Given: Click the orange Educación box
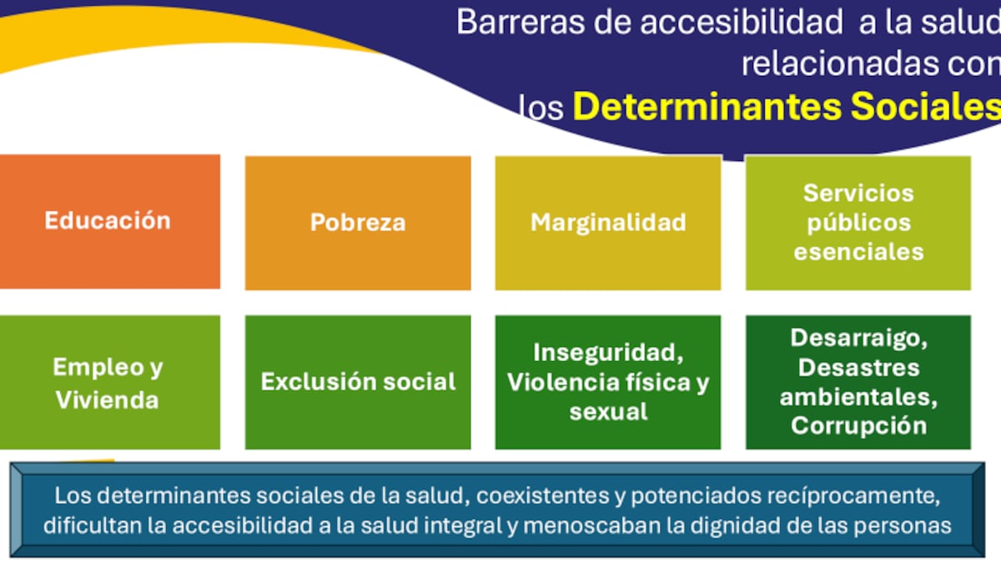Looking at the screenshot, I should [108, 221].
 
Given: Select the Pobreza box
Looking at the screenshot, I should [357, 223].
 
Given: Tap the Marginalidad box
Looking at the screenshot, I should [608, 223].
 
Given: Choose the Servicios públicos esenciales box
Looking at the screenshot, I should [858, 223].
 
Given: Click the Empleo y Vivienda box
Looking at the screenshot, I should [108, 382].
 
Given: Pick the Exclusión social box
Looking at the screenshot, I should [357, 382].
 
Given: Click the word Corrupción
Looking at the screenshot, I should [858, 425].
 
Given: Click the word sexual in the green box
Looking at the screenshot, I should [608, 411].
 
